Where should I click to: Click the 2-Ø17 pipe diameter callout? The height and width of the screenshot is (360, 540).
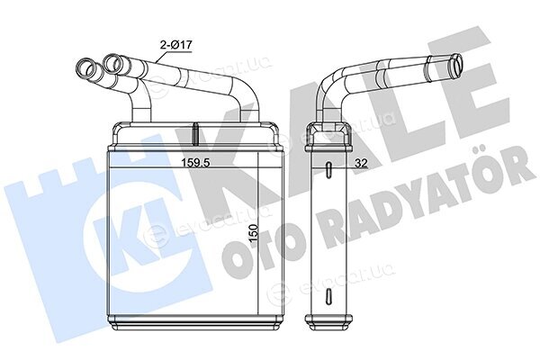(x=175, y=44)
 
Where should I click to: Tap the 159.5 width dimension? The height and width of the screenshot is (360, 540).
(x=195, y=163)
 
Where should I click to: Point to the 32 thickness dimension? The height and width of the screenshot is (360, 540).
(x=361, y=163)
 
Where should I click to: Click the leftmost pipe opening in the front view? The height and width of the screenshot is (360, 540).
(x=86, y=68)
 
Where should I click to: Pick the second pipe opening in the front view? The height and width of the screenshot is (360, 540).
(x=112, y=63)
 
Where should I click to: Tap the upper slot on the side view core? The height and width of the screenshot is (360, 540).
(x=328, y=169)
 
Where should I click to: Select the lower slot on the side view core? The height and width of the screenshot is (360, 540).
(x=328, y=296)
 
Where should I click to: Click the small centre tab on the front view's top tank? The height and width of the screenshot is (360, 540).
(x=195, y=134)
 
